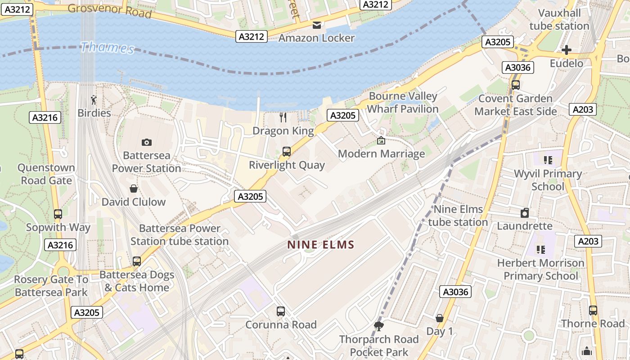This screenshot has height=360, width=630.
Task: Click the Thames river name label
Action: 108,47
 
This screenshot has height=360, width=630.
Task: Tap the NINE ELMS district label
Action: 321,245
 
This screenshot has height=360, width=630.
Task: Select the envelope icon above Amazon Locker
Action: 317,25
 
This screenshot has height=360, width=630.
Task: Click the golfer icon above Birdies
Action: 94,99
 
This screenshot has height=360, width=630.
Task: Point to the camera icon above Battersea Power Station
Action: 146,142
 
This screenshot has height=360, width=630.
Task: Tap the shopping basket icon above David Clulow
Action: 133,188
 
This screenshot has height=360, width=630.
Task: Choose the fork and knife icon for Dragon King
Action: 283,117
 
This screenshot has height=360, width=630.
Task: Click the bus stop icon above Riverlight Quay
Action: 286,152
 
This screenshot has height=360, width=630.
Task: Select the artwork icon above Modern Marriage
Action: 381,140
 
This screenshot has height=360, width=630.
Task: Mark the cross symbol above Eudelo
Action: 567,50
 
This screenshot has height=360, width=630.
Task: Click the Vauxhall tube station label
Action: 559,19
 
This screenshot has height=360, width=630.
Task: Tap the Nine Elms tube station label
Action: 458,216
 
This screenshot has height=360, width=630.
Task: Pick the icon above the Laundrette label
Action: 524,213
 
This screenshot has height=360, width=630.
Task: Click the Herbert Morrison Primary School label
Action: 540,269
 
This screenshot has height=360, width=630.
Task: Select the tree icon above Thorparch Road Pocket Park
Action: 379,326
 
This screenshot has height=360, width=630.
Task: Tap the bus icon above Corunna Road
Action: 280,311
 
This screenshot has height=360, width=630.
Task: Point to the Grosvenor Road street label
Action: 109,10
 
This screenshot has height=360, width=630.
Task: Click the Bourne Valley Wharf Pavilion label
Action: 403,103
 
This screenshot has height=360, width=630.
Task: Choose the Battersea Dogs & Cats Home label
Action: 137,281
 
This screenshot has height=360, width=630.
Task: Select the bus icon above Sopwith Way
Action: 58,214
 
